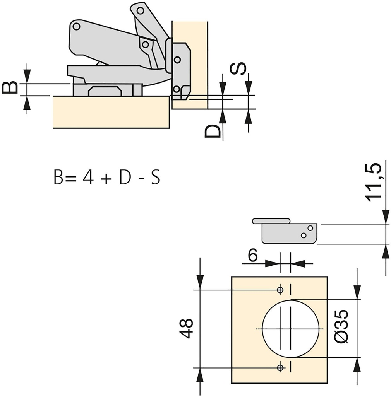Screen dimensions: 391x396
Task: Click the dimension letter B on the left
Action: (x=10, y=87)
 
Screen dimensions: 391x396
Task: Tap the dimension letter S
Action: (x=238, y=68)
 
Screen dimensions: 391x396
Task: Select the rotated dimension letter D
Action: (x=212, y=131)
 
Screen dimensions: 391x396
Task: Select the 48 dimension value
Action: (x=186, y=328)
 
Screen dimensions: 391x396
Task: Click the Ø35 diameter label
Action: (x=341, y=326)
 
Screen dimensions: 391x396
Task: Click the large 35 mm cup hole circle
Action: (x=263, y=329)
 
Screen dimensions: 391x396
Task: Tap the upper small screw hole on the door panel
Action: (x=280, y=290)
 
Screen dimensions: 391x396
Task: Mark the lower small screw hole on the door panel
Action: (x=280, y=368)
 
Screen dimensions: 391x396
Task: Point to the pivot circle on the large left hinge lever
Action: (x=77, y=26)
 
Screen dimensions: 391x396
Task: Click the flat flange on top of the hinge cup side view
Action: (x=271, y=221)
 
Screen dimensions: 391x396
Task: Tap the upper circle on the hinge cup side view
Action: (x=310, y=228)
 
